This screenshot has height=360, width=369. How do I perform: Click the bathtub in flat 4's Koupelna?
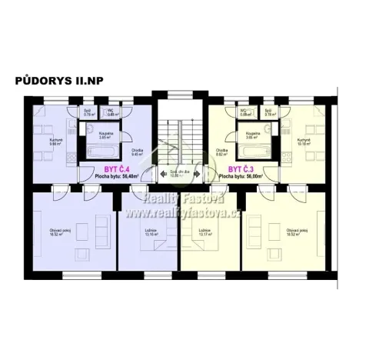tap(98, 144)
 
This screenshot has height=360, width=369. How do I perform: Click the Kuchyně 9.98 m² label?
tap(34, 142)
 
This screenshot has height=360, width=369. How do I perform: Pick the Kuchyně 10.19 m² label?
tap(307, 142)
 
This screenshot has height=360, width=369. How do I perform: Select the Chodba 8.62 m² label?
tap(222, 152)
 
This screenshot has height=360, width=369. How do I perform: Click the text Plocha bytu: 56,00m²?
tap(241, 176)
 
